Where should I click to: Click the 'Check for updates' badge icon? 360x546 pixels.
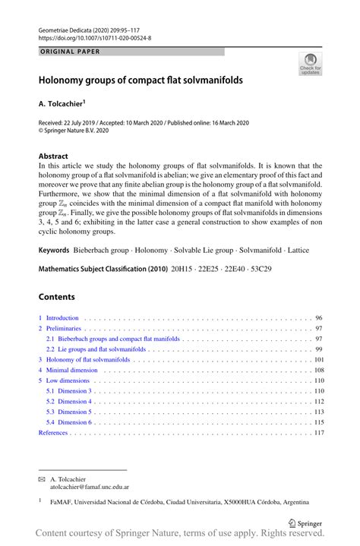coord(311,65)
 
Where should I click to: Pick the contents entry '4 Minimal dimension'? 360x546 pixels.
coord(69,370)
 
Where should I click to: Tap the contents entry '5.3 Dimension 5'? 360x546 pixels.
coord(69,412)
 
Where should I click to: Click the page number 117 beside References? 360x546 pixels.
coord(318,432)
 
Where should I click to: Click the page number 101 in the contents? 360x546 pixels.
coord(318,359)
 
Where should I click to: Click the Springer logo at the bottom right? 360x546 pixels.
coord(305,522)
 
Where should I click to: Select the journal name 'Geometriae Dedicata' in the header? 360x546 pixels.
coord(65,30)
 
